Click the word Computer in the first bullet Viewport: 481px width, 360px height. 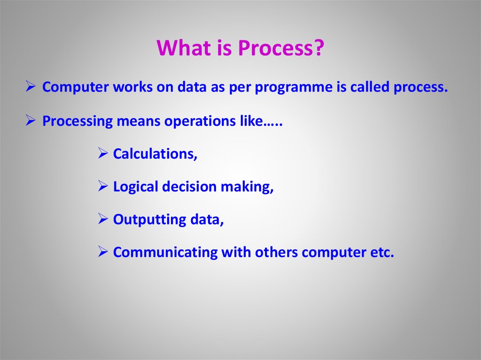pyautogui.click(x=76, y=87)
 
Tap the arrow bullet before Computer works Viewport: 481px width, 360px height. pyautogui.click(x=31, y=86)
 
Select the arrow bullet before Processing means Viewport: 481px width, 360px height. pyautogui.click(x=31, y=120)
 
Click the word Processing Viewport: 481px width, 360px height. pyautogui.click(x=78, y=122)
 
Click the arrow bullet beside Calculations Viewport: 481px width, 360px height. pyautogui.click(x=103, y=153)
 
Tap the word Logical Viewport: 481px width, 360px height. pyautogui.click(x=136, y=187)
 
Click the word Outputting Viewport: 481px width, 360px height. pyautogui.click(x=149, y=220)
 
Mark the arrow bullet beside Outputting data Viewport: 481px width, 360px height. pyautogui.click(x=103, y=219)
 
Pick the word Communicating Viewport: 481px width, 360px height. pyautogui.click(x=165, y=253)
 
